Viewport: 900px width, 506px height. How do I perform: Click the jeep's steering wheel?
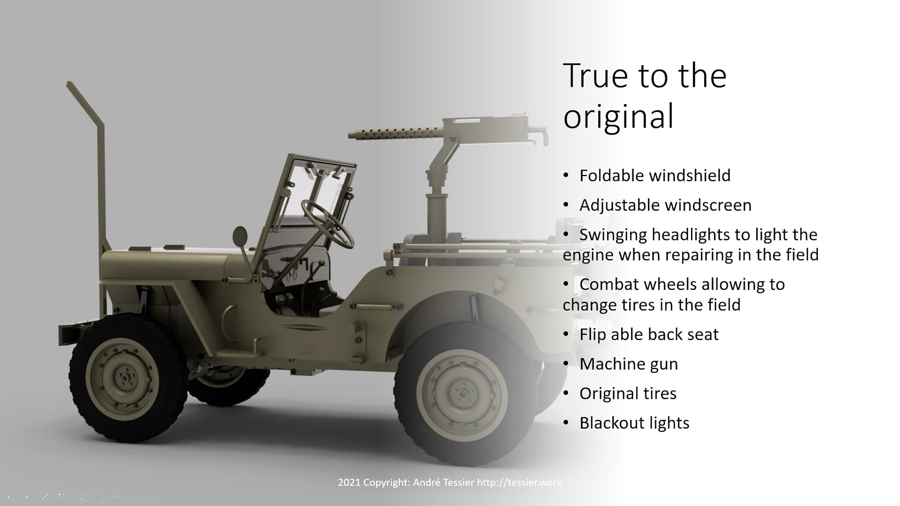[327, 224]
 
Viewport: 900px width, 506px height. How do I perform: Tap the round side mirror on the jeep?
[240, 237]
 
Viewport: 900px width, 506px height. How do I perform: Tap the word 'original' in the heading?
[618, 116]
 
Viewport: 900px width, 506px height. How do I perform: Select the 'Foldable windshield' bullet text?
[655, 176]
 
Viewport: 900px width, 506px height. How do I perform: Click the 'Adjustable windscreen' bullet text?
[665, 205]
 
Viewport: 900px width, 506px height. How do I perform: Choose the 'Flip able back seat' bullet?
[649, 335]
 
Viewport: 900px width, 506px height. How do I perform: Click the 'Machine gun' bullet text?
[628, 364]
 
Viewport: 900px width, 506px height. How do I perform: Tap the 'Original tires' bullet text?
[628, 394]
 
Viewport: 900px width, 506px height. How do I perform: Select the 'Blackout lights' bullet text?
[634, 423]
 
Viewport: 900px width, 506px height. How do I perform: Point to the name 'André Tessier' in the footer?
[443, 483]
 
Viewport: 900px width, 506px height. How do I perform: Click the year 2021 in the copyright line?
[349, 483]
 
